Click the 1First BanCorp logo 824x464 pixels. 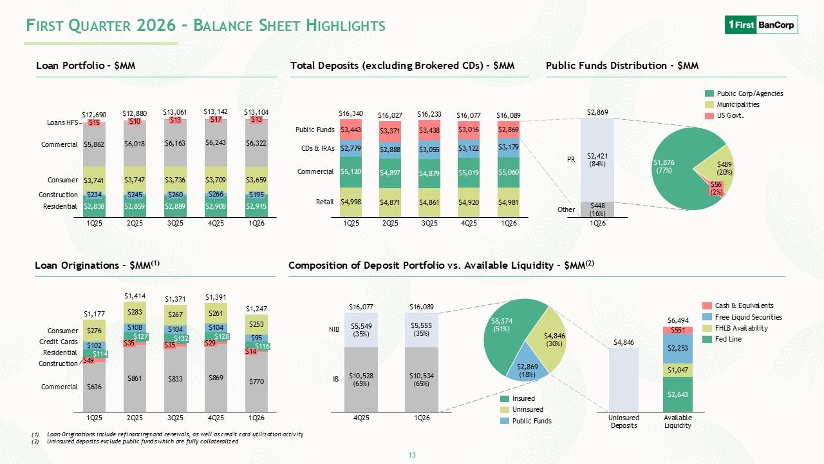(761, 25)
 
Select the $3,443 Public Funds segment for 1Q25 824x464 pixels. (351, 130)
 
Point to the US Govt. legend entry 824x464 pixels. (724, 115)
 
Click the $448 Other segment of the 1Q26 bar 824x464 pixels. (597, 209)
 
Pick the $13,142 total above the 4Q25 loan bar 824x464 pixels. (216, 111)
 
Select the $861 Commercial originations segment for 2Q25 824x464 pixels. (135, 378)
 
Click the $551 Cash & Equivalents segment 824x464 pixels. (678, 331)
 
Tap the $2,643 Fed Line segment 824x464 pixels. (678, 394)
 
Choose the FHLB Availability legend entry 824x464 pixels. (735, 328)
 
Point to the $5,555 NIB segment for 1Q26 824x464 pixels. (422, 330)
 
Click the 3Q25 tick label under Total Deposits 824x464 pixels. (429, 223)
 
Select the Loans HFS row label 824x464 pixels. (62, 122)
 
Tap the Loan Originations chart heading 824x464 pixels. (97, 265)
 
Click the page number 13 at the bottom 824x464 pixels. (412, 455)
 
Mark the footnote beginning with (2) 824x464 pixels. (135, 441)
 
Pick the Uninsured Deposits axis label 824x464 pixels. (624, 421)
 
